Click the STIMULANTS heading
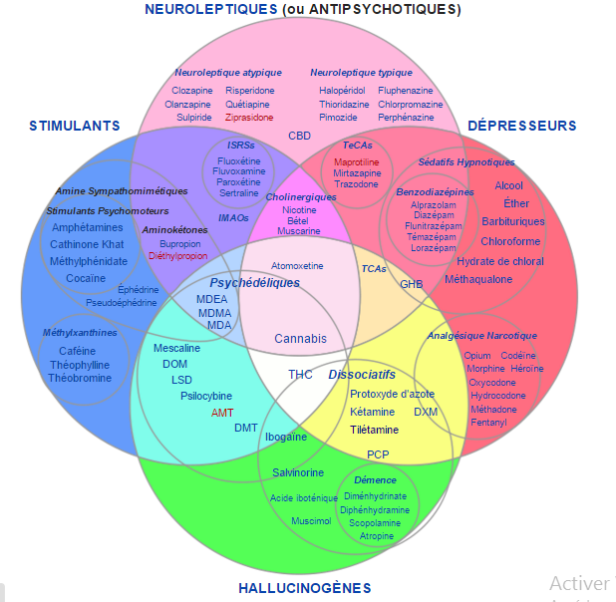click(x=75, y=126)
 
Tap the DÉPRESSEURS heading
click(x=522, y=126)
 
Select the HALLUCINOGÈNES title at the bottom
click(x=305, y=588)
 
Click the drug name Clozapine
click(x=192, y=91)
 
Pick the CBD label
click(x=299, y=135)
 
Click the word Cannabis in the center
click(x=300, y=339)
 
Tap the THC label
click(x=300, y=375)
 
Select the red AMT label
click(x=221, y=412)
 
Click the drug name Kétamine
click(x=372, y=412)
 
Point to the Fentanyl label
click(x=488, y=423)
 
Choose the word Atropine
click(x=377, y=536)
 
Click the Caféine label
click(x=77, y=351)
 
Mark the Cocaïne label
click(x=86, y=278)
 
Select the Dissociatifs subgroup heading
click(x=362, y=375)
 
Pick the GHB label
click(x=412, y=284)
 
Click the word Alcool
click(x=508, y=185)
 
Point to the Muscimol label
click(x=311, y=520)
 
